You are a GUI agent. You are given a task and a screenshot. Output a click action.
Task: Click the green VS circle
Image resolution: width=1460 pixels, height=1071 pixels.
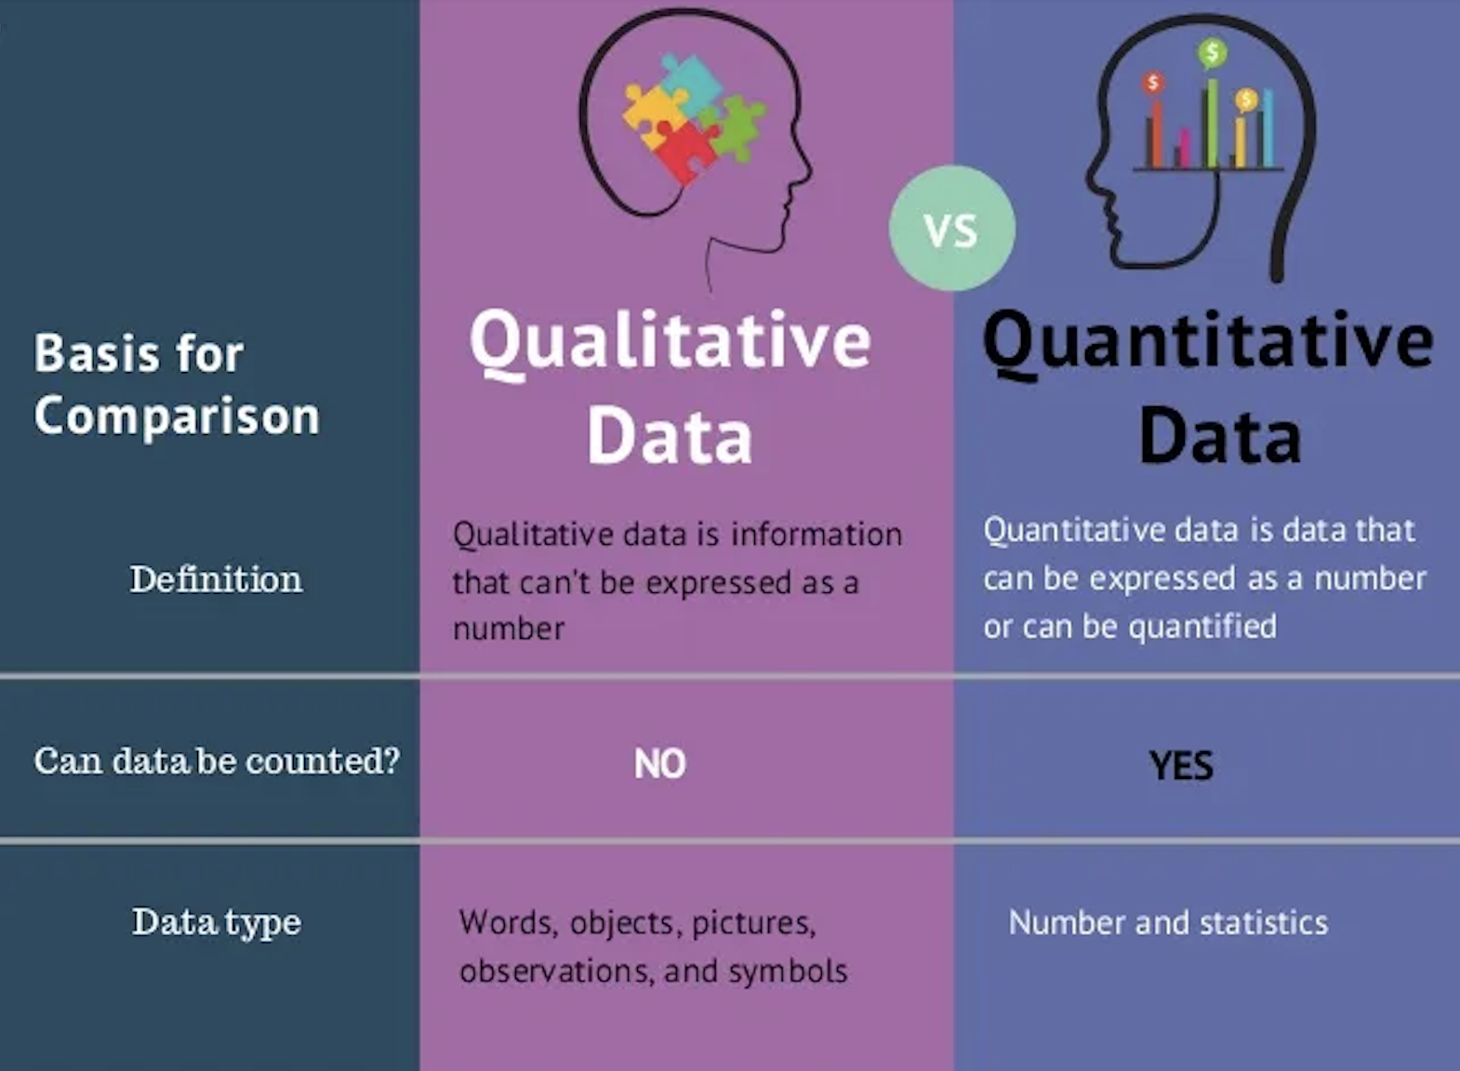[x=952, y=228]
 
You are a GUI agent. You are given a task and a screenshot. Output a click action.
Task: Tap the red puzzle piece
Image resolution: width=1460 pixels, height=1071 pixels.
[x=685, y=149]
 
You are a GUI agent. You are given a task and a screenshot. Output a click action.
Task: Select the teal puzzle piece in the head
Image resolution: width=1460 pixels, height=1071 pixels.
[x=692, y=85]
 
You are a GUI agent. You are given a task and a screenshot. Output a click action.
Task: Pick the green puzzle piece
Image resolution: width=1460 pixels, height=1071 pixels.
[x=736, y=127]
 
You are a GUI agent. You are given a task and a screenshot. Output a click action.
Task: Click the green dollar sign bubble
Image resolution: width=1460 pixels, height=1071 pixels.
[x=1212, y=52]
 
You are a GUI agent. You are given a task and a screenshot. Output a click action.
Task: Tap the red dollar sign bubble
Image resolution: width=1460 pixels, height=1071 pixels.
[x=1153, y=84]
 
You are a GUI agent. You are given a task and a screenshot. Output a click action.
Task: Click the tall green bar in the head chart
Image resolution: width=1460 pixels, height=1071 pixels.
[x=1212, y=123]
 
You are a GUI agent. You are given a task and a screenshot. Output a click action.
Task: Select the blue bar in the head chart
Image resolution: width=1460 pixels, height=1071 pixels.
[x=1268, y=128]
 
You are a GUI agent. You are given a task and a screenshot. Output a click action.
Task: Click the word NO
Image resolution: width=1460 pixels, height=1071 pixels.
[x=659, y=763]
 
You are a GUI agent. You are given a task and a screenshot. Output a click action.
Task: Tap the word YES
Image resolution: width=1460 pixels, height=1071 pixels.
[x=1181, y=765]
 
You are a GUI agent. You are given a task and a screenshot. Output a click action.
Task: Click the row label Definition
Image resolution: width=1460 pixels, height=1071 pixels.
[x=216, y=578]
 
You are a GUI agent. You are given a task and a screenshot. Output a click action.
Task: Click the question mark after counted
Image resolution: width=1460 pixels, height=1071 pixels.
[x=392, y=759]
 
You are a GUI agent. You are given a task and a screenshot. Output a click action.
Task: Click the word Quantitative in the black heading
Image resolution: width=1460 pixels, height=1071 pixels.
[x=1208, y=344]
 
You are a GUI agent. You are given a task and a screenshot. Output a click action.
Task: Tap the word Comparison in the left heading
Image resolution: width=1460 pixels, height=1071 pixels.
[x=177, y=416]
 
